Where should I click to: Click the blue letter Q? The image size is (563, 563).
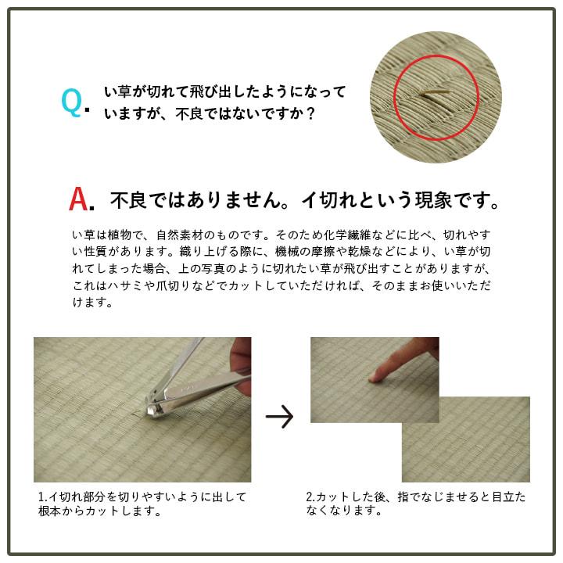(71, 102)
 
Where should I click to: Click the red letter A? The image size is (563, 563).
(79, 200)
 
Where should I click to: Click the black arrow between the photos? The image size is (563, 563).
(279, 417)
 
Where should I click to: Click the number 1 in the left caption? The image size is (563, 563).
(41, 497)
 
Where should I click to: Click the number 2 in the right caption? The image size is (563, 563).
(310, 497)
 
